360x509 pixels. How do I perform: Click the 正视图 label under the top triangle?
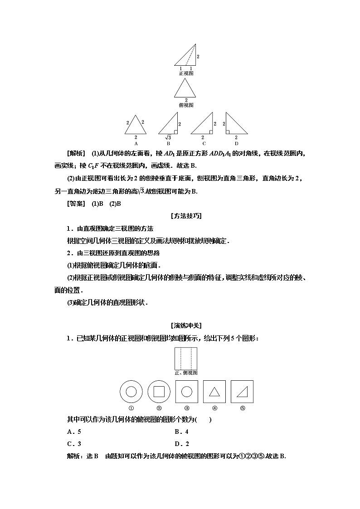click(186, 73)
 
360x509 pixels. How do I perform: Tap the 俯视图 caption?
click(186, 105)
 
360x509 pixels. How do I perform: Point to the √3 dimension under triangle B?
click(167, 137)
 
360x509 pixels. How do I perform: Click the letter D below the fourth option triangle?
click(236, 143)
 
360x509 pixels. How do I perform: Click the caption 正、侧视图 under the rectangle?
click(186, 373)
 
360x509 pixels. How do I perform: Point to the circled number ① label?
click(131, 408)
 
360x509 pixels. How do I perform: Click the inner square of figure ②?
click(159, 392)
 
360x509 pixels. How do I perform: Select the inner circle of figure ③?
click(186, 392)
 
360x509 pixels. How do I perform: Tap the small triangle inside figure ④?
click(214, 392)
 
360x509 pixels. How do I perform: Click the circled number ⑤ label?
click(243, 408)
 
